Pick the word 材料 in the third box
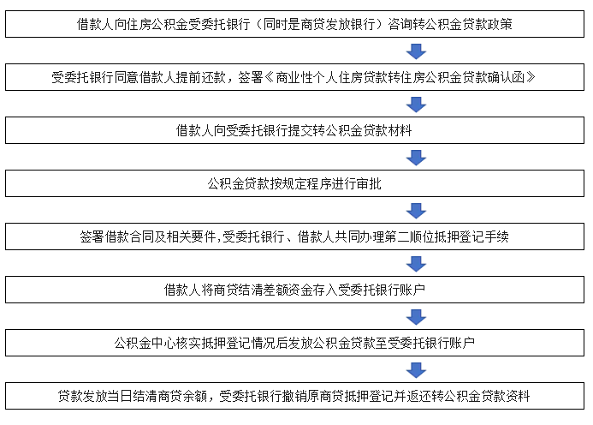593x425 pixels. click(400, 131)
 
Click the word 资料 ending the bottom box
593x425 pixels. click(518, 396)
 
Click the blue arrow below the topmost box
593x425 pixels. click(416, 51)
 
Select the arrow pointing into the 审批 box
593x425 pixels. click(416, 158)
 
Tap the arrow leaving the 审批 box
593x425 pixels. click(416, 211)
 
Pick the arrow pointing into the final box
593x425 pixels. click(416, 370)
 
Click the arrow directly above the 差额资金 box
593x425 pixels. click(416, 264)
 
